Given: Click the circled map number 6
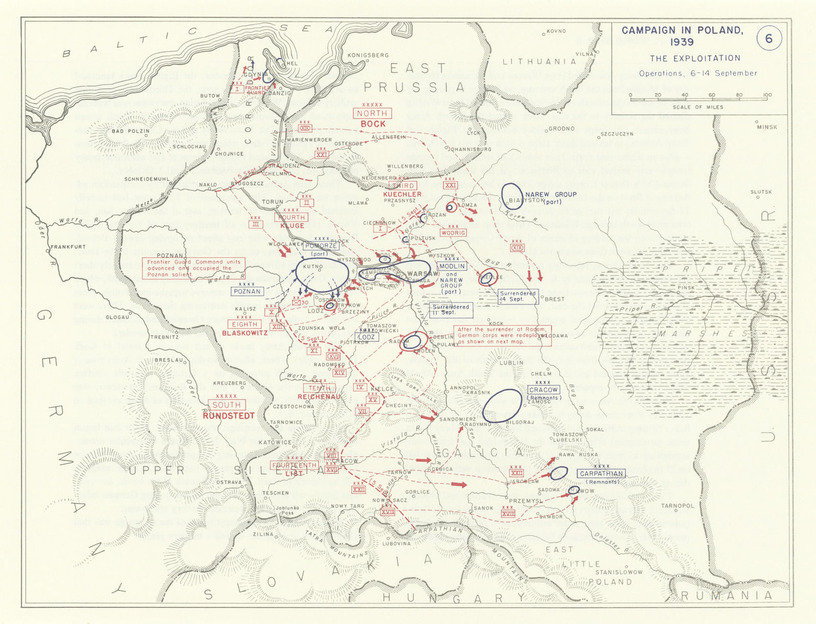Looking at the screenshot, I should (x=768, y=39).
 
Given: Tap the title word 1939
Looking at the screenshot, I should (x=682, y=42).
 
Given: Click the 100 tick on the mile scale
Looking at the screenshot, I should (x=767, y=95).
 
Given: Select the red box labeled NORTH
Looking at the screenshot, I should (x=372, y=113).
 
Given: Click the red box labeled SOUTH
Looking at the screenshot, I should (x=226, y=405).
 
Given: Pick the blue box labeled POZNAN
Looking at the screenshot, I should (x=247, y=292).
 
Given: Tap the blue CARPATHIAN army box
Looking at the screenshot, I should (x=601, y=474).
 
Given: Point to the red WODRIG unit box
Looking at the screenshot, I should (x=453, y=232).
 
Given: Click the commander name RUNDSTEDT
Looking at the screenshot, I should (x=228, y=415).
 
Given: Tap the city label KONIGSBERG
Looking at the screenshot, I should (x=368, y=55).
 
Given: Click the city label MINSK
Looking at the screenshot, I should (x=767, y=127).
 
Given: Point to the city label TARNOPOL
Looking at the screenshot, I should (x=677, y=506).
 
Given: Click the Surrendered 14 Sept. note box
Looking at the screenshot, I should (x=518, y=296).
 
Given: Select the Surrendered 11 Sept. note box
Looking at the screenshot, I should (x=450, y=309).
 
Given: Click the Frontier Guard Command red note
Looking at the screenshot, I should (x=193, y=268).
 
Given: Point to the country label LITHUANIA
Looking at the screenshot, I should (x=539, y=62).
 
